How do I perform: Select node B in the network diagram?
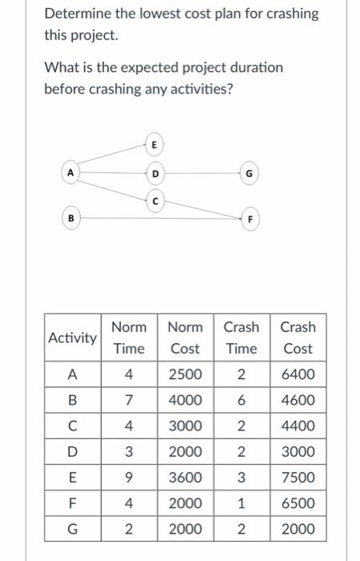(71, 216)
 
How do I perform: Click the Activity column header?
(72, 337)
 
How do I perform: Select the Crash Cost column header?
(298, 337)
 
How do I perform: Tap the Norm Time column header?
(129, 337)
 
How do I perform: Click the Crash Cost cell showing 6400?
(298, 374)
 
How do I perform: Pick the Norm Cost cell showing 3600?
(185, 478)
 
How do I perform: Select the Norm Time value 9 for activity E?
(128, 478)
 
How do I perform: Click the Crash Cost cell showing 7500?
(298, 478)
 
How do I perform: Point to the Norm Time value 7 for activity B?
(128, 400)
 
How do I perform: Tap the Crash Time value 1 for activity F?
(241, 503)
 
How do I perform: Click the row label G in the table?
(72, 529)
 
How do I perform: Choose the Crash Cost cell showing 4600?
(298, 400)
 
